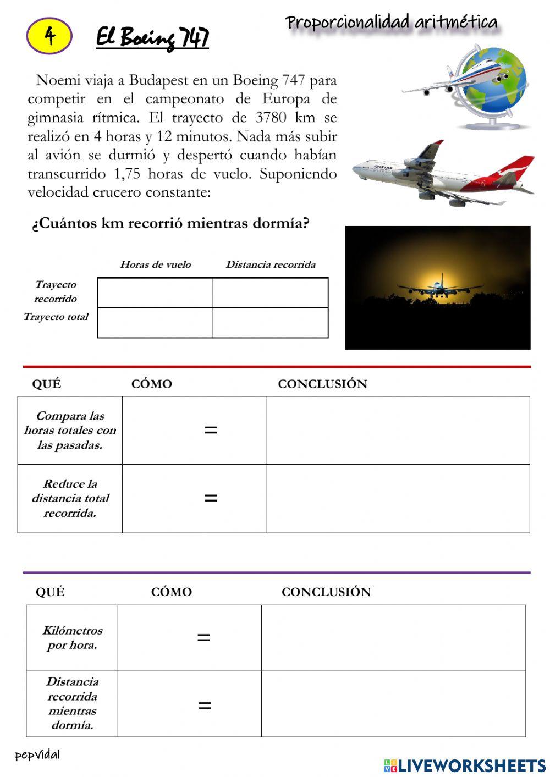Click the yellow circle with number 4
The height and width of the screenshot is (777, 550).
coord(49,36)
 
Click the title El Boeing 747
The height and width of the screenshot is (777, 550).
coord(152,37)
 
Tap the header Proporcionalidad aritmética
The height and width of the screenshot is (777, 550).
coord(391,23)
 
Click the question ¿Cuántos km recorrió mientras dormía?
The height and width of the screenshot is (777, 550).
coord(170,223)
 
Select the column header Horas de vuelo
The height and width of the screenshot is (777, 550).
coord(156,264)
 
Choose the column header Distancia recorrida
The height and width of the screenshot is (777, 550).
coord(271,264)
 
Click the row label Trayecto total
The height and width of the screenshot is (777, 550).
coord(56,317)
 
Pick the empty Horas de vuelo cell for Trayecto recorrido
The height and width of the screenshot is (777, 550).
coord(155,293)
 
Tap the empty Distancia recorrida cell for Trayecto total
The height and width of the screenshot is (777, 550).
coord(271,322)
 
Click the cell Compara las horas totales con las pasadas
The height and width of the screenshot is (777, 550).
coord(70,431)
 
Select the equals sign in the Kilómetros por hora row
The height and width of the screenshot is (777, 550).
coord(204,637)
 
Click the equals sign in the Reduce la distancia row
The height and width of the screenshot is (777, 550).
coord(211,498)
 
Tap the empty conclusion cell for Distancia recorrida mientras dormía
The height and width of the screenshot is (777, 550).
coord(393,704)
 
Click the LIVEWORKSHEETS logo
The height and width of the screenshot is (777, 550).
coord(465,765)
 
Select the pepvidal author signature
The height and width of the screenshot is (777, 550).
coord(37,755)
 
